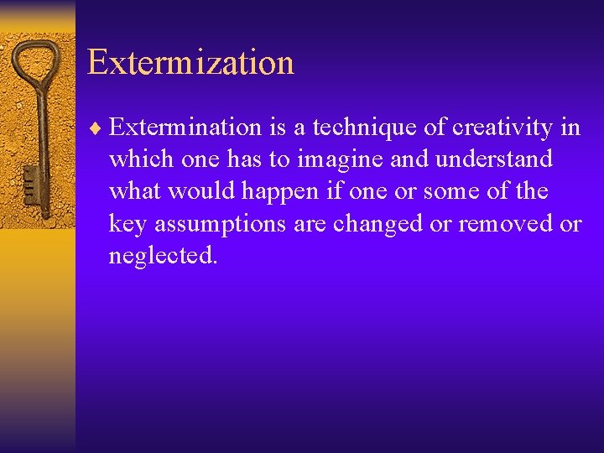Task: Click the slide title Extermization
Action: point(190,63)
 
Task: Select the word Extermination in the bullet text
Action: point(185,128)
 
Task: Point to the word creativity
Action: point(502,128)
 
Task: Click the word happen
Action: point(281,192)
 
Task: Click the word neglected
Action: point(163,257)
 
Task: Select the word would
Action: point(202,192)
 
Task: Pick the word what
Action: point(135,192)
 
